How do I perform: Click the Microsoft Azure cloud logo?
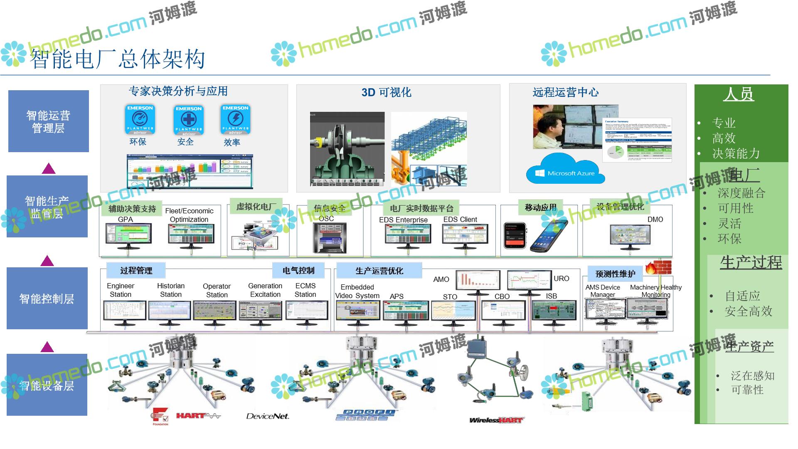pyautogui.click(x=565, y=170)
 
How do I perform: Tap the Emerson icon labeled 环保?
pyautogui.click(x=140, y=119)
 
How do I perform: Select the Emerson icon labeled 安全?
pyautogui.click(x=189, y=120)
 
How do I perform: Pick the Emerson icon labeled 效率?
pyautogui.click(x=235, y=119)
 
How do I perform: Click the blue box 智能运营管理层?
pyautogui.click(x=49, y=121)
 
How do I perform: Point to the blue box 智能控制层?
pyautogui.click(x=47, y=298)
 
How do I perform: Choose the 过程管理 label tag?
pyautogui.click(x=136, y=271)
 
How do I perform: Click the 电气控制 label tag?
pyautogui.click(x=298, y=271)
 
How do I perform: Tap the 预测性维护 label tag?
pyautogui.click(x=615, y=274)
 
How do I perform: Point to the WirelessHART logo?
pyautogui.click(x=495, y=420)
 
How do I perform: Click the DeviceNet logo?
pyautogui.click(x=267, y=416)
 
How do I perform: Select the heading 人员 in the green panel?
pyautogui.click(x=739, y=94)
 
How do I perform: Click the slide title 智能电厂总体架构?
pyautogui.click(x=118, y=59)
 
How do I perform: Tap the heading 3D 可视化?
pyautogui.click(x=386, y=92)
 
